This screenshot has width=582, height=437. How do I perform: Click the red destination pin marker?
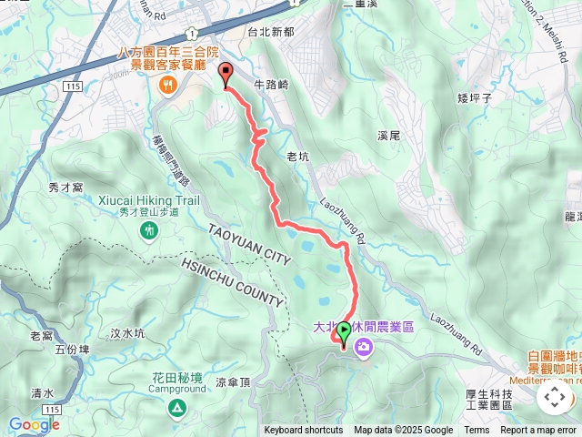226,76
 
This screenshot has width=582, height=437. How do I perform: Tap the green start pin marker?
344,334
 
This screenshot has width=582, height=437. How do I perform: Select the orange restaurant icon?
167,85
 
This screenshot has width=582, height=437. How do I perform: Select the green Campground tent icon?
174,405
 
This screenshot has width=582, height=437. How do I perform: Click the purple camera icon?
364,347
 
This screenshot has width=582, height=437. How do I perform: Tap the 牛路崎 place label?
271,85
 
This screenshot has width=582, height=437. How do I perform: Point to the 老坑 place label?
298,157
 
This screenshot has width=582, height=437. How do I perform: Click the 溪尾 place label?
388,136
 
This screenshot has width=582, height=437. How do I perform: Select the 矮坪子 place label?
475,97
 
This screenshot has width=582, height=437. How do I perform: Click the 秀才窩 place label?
65,187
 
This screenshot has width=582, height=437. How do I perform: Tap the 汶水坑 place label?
127,333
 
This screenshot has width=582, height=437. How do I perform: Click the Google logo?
34,424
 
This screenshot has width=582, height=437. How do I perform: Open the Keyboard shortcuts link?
304,431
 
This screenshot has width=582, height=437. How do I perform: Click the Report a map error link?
538,431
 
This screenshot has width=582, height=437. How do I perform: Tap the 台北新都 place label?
271,31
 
